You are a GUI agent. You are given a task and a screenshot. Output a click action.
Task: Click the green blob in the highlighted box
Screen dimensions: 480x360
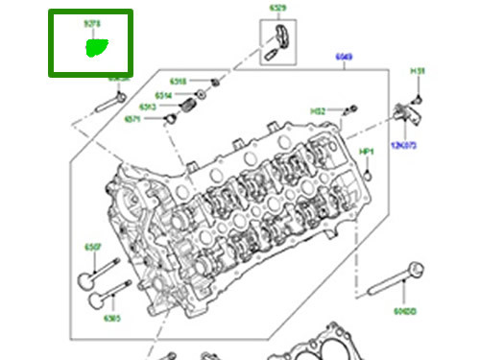98,46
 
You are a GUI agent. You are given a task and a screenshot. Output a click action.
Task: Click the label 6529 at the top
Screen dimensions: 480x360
277,9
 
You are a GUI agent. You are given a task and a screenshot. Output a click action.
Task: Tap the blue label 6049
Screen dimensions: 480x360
344,58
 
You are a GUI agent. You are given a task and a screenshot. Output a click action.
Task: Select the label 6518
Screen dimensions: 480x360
178,82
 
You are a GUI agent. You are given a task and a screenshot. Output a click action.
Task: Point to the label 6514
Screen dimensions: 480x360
163,95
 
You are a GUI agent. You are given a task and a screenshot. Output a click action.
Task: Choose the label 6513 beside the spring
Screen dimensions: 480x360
147,107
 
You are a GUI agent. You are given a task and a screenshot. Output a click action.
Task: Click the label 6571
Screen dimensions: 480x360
132,119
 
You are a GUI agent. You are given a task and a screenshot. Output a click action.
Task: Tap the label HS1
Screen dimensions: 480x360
418,72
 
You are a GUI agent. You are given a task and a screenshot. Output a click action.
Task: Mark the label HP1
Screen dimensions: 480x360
366,152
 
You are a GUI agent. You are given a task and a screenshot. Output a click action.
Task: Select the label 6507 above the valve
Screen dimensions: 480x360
93,248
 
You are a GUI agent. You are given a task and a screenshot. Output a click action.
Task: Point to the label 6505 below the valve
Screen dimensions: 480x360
111,318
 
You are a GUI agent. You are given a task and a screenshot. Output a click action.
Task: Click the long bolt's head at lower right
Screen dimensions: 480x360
415,268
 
